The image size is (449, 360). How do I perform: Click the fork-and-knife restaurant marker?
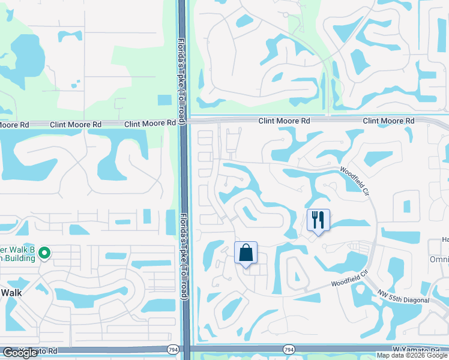coord(318,220)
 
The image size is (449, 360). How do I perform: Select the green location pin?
coord(44,254)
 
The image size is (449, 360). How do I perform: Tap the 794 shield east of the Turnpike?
coord(289,349)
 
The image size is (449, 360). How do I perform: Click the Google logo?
coord(20,353)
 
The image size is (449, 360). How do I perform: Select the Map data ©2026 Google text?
coord(412,355)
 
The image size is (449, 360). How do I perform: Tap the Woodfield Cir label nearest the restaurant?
coord(353,179)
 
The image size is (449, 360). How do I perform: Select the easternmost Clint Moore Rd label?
coord(388,121)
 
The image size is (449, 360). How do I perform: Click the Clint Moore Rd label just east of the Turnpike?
coord(284,121)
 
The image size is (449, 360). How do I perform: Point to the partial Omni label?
coord(439,259)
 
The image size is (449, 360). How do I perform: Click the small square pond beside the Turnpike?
coord(164,100)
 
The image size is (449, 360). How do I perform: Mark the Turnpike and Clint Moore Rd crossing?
coord(184,122)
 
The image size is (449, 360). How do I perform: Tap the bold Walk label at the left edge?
coord(11,292)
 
